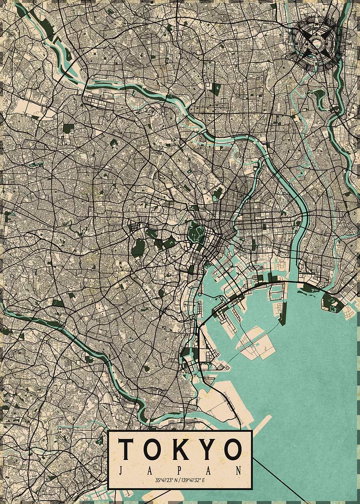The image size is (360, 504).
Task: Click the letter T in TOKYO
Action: coord(126,449)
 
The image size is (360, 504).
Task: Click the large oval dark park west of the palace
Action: coord(137,248)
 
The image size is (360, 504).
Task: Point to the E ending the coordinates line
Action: coord(205,480)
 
